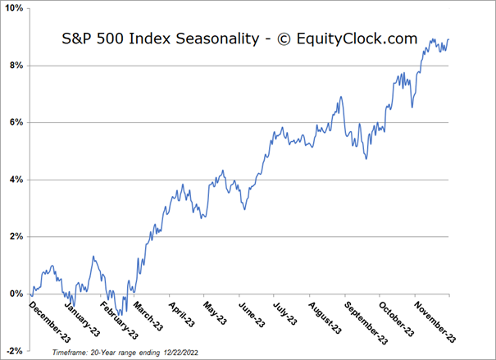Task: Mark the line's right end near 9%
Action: [448, 40]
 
